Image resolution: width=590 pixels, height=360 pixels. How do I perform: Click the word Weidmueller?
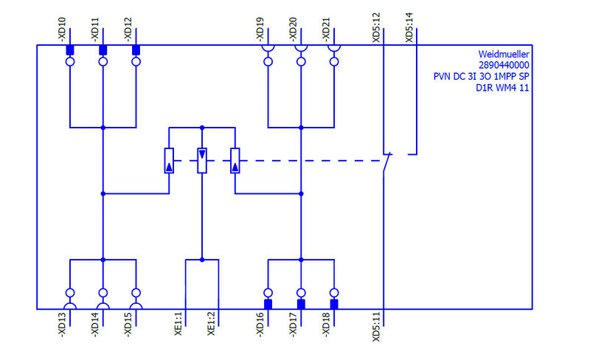(x=504, y=55)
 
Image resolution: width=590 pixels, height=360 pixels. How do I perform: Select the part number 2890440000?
(x=504, y=66)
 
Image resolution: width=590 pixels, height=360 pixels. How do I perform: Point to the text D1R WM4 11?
(x=503, y=89)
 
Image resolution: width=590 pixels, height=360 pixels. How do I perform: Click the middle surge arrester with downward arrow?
(x=202, y=160)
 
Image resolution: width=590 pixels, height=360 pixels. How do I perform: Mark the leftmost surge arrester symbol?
(x=169, y=160)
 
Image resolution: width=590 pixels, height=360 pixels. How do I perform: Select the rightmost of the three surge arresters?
(x=235, y=160)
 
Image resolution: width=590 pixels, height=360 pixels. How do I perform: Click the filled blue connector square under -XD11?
(x=103, y=50)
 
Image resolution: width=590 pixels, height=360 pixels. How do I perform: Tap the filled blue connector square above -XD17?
(x=301, y=303)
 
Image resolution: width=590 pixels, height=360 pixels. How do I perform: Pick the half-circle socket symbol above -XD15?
(x=136, y=305)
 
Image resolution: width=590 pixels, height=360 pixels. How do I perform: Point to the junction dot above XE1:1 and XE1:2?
(x=202, y=260)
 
